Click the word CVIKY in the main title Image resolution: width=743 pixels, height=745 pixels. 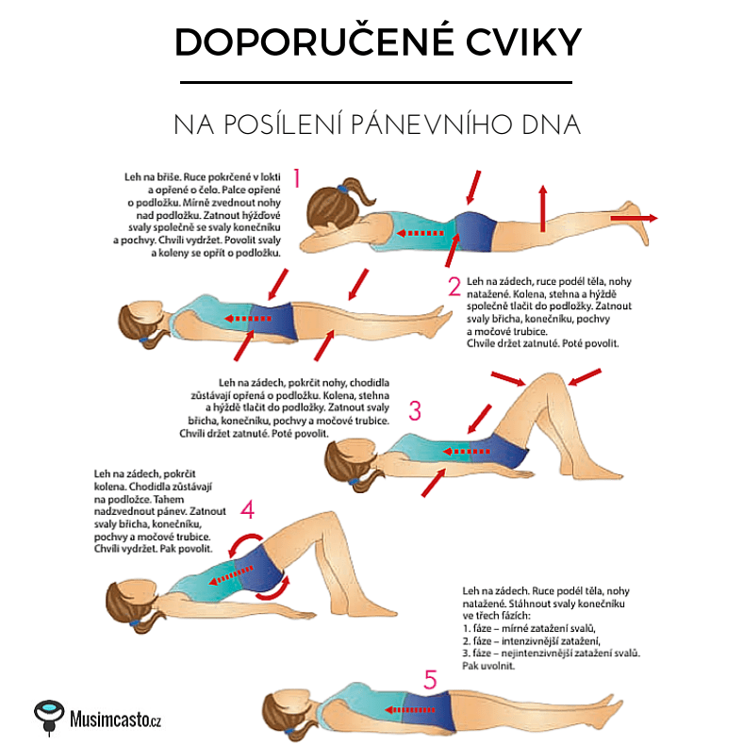point(523,42)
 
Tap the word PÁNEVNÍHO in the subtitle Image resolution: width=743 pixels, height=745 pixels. point(431,124)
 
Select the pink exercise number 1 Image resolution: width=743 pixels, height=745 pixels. point(297,178)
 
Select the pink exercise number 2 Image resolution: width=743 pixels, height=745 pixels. point(454,286)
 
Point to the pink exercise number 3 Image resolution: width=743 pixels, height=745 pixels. point(415,410)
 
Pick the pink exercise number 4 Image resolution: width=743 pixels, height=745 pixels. point(247,509)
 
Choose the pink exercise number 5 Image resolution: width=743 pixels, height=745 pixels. point(430,679)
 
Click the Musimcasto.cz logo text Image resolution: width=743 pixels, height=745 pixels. point(115,719)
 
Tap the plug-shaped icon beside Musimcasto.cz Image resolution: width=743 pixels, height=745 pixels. point(49,717)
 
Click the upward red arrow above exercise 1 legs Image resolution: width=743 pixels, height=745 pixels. point(542,208)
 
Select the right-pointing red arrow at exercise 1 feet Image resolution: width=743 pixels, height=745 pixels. point(635,218)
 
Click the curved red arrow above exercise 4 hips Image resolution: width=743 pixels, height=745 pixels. point(244,544)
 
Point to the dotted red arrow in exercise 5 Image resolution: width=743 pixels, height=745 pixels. point(409,710)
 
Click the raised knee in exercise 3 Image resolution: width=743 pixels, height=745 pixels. point(551,381)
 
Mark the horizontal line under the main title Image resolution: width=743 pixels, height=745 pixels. point(376,83)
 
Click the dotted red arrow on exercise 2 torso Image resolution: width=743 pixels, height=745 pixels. point(248,319)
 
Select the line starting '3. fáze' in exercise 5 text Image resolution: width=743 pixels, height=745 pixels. point(551,654)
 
